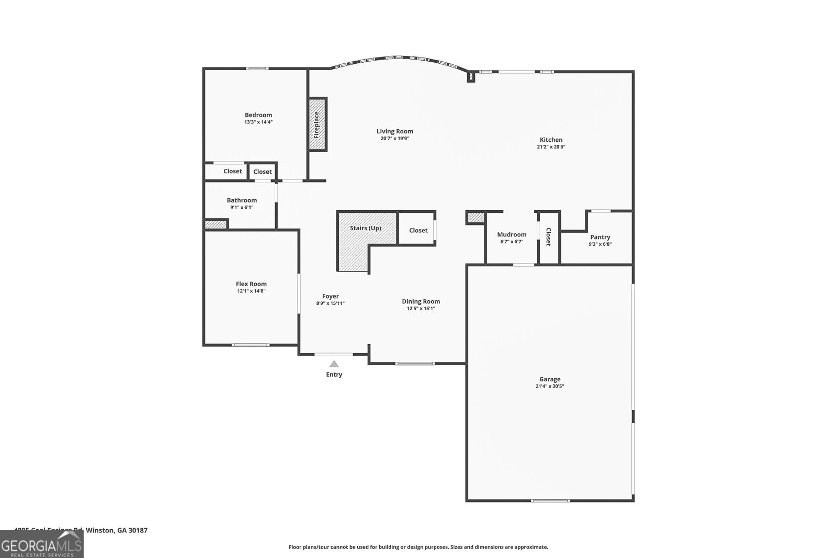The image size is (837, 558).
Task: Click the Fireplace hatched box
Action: pos(316,124)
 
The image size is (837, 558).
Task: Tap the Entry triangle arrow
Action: pos(334,364)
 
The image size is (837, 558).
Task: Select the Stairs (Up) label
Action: pos(366,228)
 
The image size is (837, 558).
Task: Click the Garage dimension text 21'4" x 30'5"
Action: pos(550,386)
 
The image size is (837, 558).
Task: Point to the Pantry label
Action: pos(600,237)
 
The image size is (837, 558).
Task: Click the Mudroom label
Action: pos(512,234)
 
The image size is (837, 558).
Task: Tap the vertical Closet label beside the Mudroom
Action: pos(548,237)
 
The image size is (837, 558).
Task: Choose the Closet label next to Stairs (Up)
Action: pos(418,230)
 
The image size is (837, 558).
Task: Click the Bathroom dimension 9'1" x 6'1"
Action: pos(242,208)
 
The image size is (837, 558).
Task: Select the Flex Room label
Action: pos(251,284)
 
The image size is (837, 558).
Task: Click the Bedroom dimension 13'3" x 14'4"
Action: pos(258,122)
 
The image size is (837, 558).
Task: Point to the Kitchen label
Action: pos(551,140)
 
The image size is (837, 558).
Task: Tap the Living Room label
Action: pos(395,131)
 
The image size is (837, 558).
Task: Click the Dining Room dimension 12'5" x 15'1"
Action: pos(421,309)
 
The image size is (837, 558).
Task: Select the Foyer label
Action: pos(330,296)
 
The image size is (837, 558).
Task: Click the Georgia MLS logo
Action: pos(42,544)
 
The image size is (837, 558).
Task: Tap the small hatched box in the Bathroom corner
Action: pos(215,225)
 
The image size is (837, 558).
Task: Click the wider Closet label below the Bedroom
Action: pos(233,171)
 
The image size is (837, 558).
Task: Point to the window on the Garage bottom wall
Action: pos(550,501)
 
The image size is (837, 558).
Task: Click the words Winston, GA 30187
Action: pos(117,530)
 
